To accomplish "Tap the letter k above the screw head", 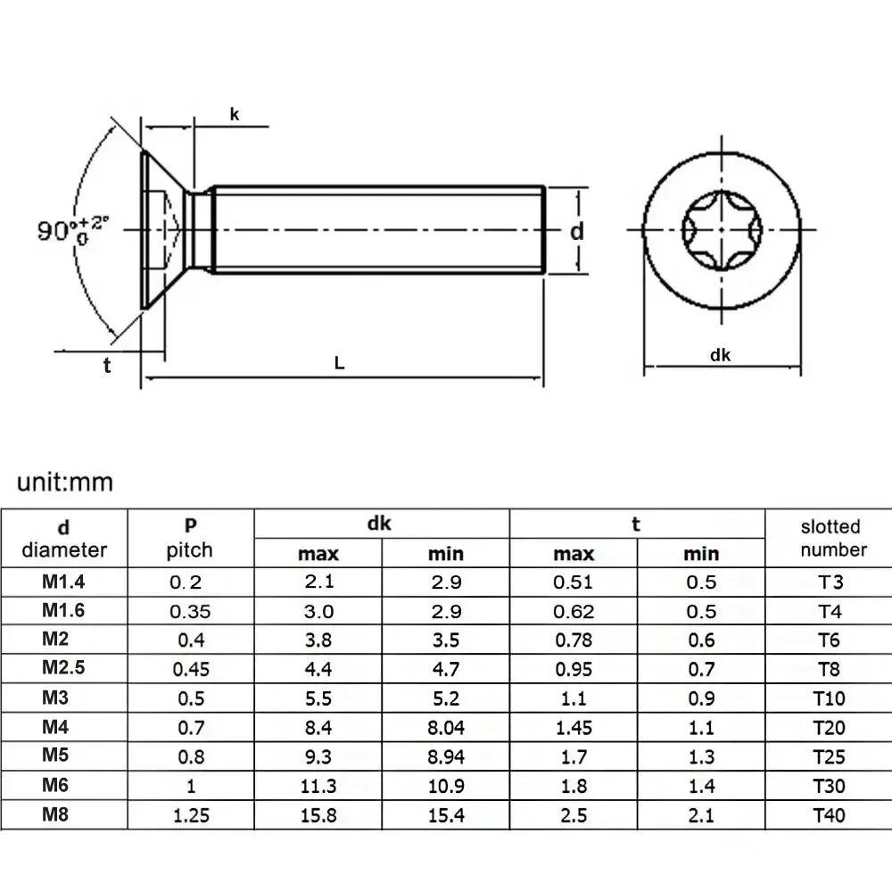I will pyautogui.click(x=235, y=114).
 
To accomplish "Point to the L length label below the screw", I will pyautogui.click(x=339, y=363).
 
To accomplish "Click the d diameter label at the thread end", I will pyautogui.click(x=577, y=231).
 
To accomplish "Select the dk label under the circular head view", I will pyautogui.click(x=721, y=355).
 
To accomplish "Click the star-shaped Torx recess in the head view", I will pyautogui.click(x=721, y=231).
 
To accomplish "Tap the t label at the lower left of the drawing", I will pyautogui.click(x=107, y=364).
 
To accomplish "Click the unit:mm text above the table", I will pyautogui.click(x=66, y=483).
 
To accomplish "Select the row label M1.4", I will pyautogui.click(x=64, y=582).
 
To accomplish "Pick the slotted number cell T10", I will pyautogui.click(x=829, y=698).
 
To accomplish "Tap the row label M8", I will pyautogui.click(x=58, y=814).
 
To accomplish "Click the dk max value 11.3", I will pyautogui.click(x=318, y=786).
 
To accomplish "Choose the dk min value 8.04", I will pyautogui.click(x=445, y=728).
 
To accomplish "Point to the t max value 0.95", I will pyautogui.click(x=574, y=670).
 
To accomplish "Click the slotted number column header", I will pyautogui.click(x=830, y=538).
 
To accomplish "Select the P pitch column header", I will pyautogui.click(x=189, y=538).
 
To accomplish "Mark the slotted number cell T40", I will pyautogui.click(x=829, y=814).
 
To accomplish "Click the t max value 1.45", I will pyautogui.click(x=574, y=728).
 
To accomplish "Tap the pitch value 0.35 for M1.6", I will pyautogui.click(x=189, y=612).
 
